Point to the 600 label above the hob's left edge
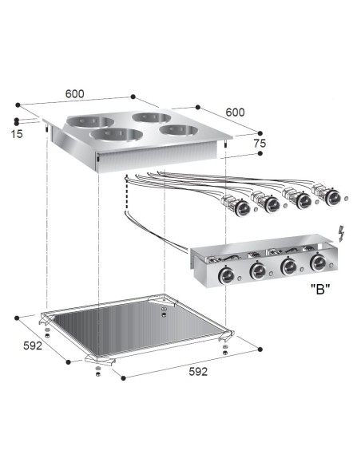[x=75, y=94]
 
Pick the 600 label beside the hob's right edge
[x=235, y=113]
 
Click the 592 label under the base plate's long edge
[x=198, y=372]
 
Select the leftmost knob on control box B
[x=226, y=275]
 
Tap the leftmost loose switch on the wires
[x=239, y=207]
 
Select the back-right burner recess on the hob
[x=152, y=118]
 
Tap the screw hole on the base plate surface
[x=163, y=310]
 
